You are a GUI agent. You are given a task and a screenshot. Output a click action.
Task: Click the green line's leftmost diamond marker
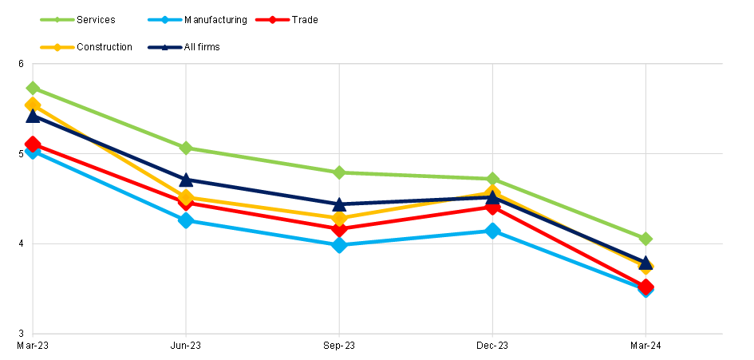click(x=33, y=88)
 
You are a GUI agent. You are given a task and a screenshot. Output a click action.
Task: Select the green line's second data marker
click(x=186, y=148)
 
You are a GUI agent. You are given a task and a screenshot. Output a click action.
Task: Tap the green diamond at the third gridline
click(x=339, y=172)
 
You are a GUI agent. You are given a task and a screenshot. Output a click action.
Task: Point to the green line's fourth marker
click(x=492, y=179)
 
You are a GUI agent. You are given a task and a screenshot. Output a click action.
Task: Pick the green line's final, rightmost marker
click(x=645, y=239)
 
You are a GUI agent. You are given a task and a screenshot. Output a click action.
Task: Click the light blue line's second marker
click(x=186, y=220)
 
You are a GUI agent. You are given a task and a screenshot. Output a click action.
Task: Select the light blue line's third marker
click(x=339, y=245)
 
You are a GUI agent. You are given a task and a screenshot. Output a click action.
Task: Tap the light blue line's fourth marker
click(x=492, y=231)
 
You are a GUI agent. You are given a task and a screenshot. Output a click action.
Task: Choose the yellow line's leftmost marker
click(x=33, y=105)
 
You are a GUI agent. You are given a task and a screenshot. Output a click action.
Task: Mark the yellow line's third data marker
click(x=339, y=218)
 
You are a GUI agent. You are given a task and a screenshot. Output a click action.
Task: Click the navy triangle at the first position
click(x=33, y=117)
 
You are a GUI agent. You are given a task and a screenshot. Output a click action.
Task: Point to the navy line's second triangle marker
click(x=186, y=180)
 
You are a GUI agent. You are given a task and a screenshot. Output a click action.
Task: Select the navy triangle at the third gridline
click(x=339, y=204)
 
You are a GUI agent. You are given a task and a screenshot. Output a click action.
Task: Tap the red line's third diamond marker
click(x=339, y=229)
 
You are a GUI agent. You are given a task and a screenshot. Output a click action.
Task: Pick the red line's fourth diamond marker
click(x=492, y=208)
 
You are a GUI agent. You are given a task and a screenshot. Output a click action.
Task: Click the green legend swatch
click(x=57, y=19)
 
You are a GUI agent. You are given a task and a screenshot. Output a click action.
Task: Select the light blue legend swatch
click(x=164, y=19)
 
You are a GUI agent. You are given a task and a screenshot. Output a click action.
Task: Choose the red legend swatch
click(x=272, y=19)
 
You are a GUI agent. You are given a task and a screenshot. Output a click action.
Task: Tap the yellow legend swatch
click(x=57, y=47)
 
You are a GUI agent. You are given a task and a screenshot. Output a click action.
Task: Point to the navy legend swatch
click(x=164, y=47)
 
